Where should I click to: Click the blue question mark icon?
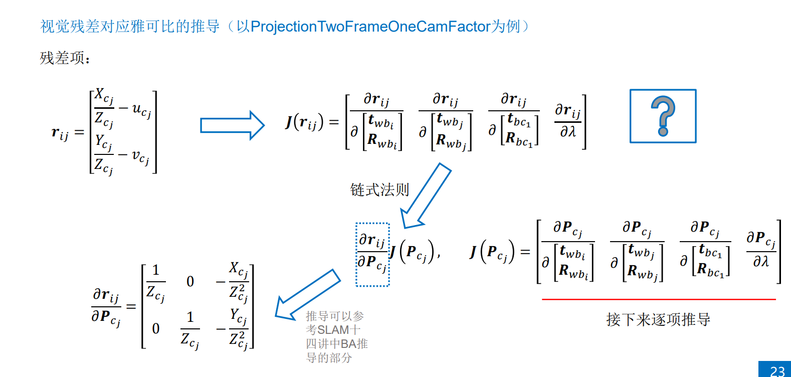[663, 116]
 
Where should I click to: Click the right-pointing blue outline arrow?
[232, 125]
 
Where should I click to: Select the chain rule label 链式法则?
[379, 190]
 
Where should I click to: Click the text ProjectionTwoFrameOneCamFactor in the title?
[370, 26]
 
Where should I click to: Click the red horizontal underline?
[659, 299]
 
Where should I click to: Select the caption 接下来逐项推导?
[658, 319]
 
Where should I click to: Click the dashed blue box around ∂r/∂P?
[372, 255]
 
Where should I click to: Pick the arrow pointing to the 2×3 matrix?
[307, 296]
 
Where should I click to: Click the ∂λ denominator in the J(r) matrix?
[568, 132]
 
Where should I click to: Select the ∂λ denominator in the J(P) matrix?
[760, 261]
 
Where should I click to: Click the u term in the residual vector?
[141, 109]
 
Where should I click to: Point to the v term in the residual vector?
[140, 156]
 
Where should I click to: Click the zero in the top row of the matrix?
[190, 281]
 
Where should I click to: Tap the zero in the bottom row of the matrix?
[156, 328]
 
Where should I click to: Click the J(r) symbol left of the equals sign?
[304, 122]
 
